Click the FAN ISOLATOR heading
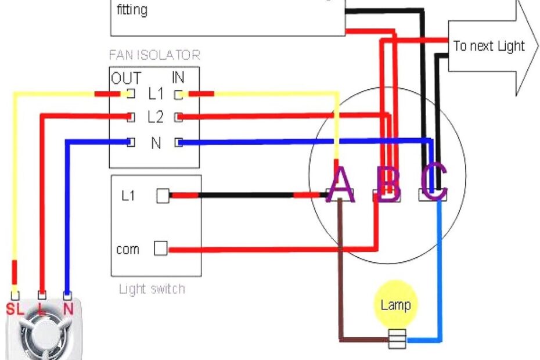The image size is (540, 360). coord(154,56)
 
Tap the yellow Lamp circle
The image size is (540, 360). coord(395,305)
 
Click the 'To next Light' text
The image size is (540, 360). coord(488,46)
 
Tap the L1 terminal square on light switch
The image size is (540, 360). coord(163,196)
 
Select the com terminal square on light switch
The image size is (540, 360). coord(160,249)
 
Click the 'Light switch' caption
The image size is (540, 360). coord(152,289)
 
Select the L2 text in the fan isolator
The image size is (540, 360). coord(155,117)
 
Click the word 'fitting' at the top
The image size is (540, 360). coord(132,10)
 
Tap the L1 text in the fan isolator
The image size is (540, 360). coord(156,94)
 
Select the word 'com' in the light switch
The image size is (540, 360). coord(128,250)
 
